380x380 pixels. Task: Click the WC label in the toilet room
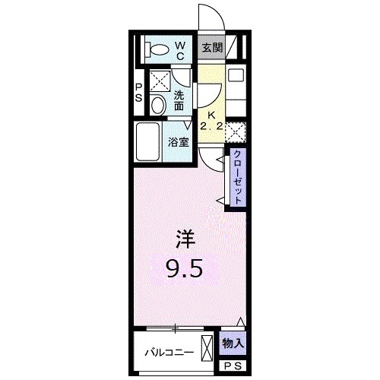click(x=181, y=52)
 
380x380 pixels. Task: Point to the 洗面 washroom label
click(x=179, y=101)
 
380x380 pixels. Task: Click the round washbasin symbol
click(x=157, y=105)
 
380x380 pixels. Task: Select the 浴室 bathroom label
click(x=179, y=141)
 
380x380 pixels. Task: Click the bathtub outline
click(x=150, y=141)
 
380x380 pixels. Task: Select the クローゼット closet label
click(x=238, y=178)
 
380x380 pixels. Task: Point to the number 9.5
click(x=185, y=268)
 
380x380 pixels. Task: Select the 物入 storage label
click(x=233, y=344)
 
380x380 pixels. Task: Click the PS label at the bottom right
click(x=233, y=366)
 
